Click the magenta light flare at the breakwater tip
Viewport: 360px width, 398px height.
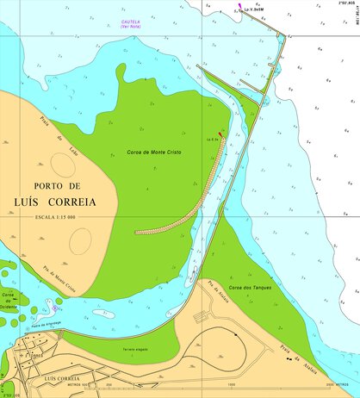[239, 7]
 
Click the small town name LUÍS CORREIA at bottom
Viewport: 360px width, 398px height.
[50, 377]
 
